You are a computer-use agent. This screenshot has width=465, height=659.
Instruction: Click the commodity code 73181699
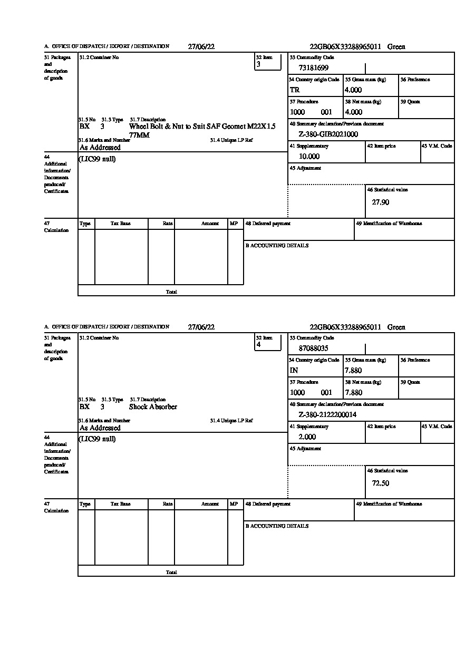coord(314,67)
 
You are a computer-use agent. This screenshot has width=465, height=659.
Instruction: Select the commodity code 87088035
coord(314,348)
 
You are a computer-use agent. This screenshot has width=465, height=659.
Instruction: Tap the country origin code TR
coord(295,90)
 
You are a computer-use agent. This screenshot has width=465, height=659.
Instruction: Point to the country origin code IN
coord(294,370)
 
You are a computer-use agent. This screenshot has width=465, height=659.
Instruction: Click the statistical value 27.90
coord(381,202)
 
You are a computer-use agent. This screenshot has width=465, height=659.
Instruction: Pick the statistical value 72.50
coord(381,483)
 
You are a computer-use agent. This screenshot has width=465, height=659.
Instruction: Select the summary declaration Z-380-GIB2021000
coord(328,134)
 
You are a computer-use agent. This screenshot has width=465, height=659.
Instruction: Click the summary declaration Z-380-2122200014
coord(327,414)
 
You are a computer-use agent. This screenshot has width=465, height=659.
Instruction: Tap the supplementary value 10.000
coord(309,156)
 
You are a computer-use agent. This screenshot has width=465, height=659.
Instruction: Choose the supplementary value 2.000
coord(307,437)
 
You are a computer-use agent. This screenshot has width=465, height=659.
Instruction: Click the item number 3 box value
coord(258,64)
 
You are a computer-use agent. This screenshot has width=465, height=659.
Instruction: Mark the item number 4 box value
coord(258,345)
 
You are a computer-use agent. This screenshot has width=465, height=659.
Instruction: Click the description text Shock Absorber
coord(153,407)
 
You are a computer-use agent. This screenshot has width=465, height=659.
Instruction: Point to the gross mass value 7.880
coord(353,370)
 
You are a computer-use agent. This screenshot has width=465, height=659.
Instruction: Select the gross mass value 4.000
coord(353,90)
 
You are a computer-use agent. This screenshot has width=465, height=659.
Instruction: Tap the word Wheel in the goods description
coord(139,127)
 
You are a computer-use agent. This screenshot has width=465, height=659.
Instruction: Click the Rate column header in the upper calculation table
coord(168,224)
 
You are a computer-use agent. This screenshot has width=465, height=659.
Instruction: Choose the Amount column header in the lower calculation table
coord(210,504)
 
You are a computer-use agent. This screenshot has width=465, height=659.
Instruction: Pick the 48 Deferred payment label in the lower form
coord(268,504)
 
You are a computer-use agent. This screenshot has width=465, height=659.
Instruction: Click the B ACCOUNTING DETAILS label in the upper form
coord(277,246)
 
